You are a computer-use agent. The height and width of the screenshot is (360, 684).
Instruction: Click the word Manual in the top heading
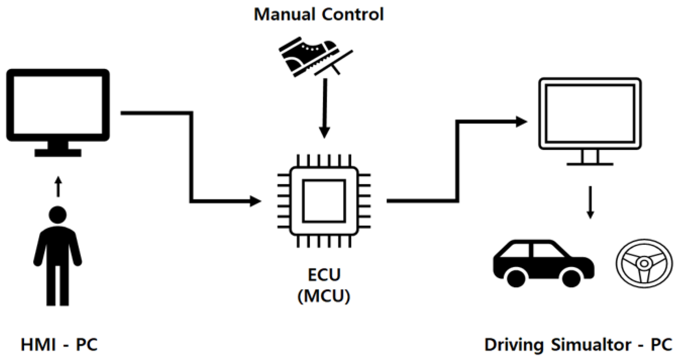285,14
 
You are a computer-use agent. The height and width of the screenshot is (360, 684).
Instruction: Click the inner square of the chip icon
324,201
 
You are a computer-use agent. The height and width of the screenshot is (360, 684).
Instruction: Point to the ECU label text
324,275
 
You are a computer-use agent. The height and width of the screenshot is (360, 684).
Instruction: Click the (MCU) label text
324,296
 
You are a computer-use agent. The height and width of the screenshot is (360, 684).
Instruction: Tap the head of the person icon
58,214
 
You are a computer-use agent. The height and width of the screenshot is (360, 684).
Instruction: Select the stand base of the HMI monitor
58,153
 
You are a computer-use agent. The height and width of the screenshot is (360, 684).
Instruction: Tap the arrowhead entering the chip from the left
255,201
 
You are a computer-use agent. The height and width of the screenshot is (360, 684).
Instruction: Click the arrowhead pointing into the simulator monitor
521,121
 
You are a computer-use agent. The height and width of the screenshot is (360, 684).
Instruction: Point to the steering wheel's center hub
644,263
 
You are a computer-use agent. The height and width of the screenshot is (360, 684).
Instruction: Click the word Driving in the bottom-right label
514,345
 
